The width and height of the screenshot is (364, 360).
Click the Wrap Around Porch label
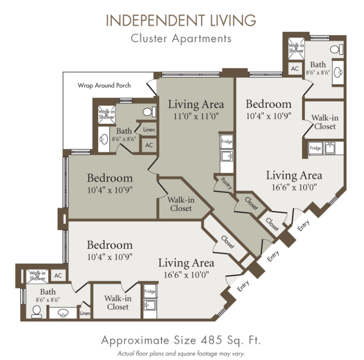pos(104,86)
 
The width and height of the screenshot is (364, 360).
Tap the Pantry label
pos(226,183)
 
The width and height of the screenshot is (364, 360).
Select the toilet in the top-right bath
pos(336,49)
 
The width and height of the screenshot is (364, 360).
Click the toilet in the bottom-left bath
pos(37,312)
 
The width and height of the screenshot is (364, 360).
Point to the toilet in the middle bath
pos(149,112)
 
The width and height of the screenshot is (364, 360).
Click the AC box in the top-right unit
pos(295,69)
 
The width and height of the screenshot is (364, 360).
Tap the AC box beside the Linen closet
pos(149,145)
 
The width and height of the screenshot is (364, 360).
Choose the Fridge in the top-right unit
pos(315,148)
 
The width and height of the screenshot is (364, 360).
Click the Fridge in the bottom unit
pos(150,291)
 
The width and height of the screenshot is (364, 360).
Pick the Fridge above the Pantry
pos(226,142)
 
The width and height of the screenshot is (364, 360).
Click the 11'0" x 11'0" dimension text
pos(196,116)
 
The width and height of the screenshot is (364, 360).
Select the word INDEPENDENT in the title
pos(155,20)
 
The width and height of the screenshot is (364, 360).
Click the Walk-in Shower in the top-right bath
pos(296,48)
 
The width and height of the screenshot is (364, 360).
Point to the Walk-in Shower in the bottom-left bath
pos(37,276)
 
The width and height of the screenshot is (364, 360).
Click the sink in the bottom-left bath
pos(63,313)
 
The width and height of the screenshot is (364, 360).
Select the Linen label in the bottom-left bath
pos(85,313)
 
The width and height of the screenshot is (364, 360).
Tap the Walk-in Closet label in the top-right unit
pos(325,122)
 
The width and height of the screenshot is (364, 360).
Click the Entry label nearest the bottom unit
pos(243,286)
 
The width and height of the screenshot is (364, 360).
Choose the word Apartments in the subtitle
pos(202,39)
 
